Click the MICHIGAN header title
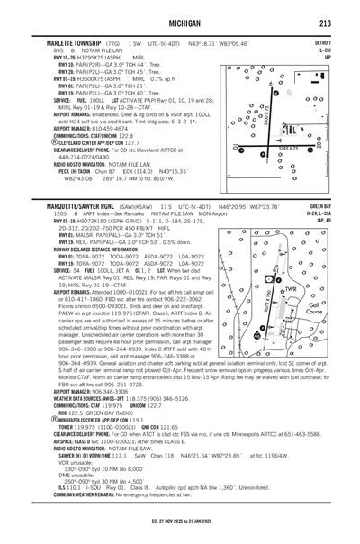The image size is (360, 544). pyautogui.click(x=180, y=22)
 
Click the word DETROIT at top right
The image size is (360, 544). pyautogui.click(x=322, y=42)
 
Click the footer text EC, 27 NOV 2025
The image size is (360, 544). pyautogui.click(x=179, y=534)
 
